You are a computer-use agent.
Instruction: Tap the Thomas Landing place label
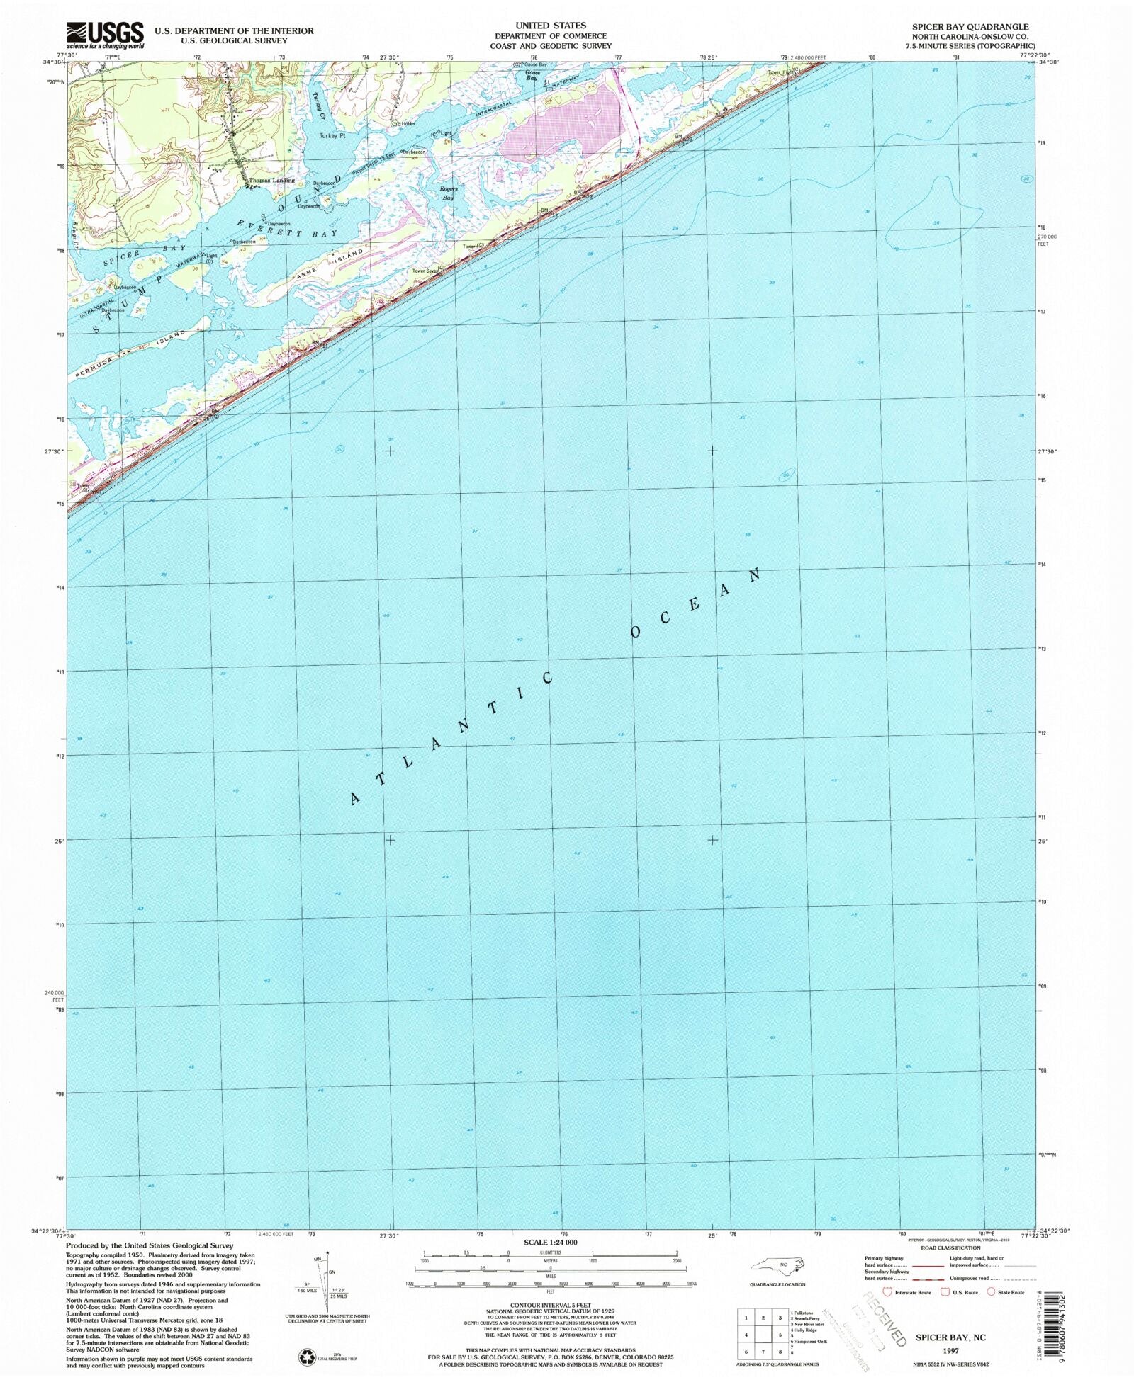pos(271,181)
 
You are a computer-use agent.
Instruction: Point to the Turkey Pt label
pos(332,135)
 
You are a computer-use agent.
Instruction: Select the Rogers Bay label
pos(448,193)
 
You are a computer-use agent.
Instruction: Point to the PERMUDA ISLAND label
pos(128,357)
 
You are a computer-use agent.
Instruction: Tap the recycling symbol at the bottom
pos(307,1356)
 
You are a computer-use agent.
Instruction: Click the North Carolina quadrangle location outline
pos(778,1265)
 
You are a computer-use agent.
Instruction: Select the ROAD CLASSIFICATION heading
pos(950,1248)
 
